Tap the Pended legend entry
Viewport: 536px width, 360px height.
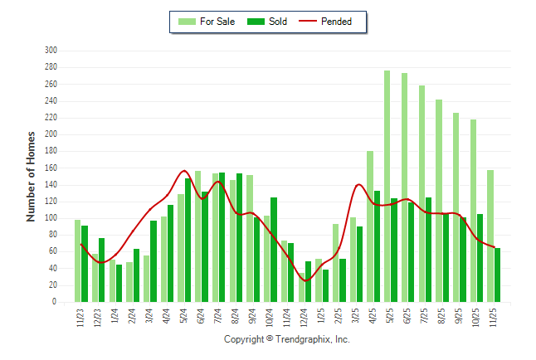pyautogui.click(x=336, y=22)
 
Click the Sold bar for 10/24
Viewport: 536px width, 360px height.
pyautogui.click(x=274, y=250)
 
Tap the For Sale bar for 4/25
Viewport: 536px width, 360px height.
pyautogui.click(x=370, y=226)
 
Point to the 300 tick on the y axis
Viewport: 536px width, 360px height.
pyautogui.click(x=51, y=51)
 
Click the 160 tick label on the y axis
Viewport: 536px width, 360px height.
pyautogui.click(x=51, y=168)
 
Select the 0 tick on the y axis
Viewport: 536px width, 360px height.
pyautogui.click(x=54, y=303)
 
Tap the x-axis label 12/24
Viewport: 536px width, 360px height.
pyautogui.click(x=305, y=319)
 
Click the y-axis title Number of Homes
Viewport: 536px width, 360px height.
pyautogui.click(x=31, y=176)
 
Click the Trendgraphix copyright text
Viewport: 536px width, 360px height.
pyautogui.click(x=287, y=339)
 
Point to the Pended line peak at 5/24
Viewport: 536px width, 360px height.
pyautogui.click(x=184, y=171)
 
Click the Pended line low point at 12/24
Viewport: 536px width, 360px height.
pyautogui.click(x=305, y=281)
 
